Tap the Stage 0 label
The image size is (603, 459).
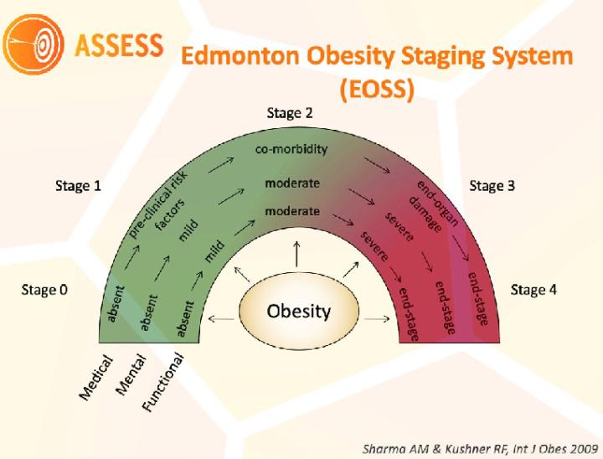pos(43,291)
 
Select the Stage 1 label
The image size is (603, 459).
pos(77,186)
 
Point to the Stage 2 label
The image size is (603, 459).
pos(290,112)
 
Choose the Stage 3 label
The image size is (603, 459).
pos(492,186)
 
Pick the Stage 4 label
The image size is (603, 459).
pos(533,291)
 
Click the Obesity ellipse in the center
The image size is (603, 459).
pos(298,312)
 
